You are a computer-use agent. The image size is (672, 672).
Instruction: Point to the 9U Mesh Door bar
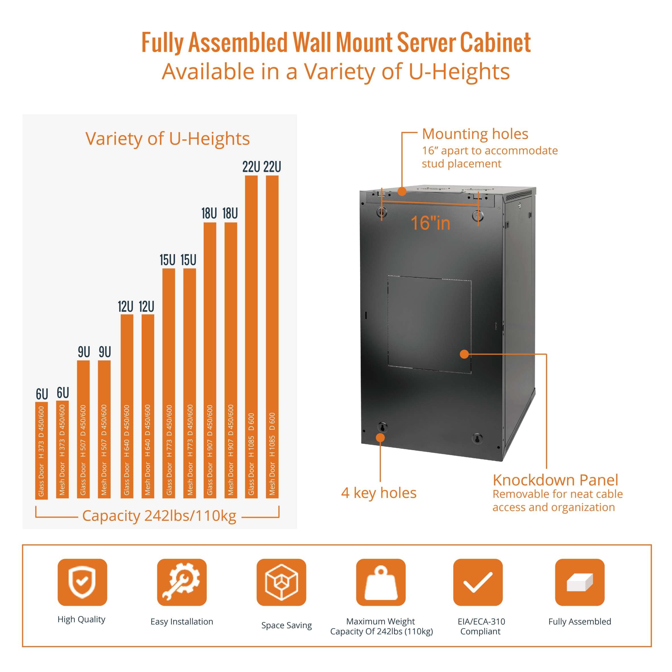coord(104,429)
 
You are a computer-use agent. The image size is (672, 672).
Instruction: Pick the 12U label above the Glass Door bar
coord(125,307)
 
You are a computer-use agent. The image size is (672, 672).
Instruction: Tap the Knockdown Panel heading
coord(555,480)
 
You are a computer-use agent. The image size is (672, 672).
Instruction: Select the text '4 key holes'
coord(379,493)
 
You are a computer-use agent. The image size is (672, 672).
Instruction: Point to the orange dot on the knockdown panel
coord(464,354)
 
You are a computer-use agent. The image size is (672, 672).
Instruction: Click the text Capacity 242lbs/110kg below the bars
coord(159,516)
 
